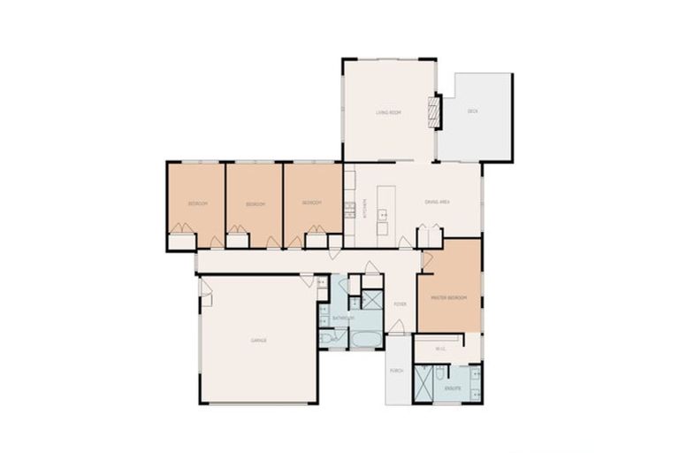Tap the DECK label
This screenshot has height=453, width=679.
(472, 111)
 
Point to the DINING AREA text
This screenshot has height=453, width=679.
(438, 203)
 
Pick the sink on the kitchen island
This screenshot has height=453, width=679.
(382, 213)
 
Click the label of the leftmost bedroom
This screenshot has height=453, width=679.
(197, 204)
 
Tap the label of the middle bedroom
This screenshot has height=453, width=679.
(255, 204)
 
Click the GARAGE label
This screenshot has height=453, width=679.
(258, 340)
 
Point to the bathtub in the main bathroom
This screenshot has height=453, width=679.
(365, 339)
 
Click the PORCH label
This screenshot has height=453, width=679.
(396, 371)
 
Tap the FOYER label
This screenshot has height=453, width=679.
(399, 304)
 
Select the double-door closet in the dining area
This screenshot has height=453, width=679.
(430, 236)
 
